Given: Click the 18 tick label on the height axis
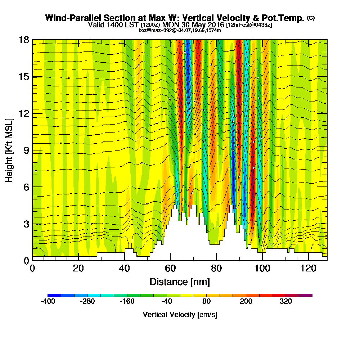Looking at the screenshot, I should (x=24, y=40).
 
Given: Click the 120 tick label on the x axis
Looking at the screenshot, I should (x=308, y=268).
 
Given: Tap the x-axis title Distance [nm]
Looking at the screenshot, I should (x=180, y=282).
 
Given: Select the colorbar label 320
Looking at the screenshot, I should (x=285, y=302).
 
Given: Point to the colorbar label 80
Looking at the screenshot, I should (x=206, y=302).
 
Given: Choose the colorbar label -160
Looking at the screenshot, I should (x=127, y=302).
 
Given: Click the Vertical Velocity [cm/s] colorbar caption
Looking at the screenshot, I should (x=180, y=315).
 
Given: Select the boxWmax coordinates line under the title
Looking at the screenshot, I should (x=180, y=30).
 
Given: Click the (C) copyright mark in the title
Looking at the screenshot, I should (x=311, y=18).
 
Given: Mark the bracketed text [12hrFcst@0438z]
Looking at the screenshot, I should (x=249, y=25).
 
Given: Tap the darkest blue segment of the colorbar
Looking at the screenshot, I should (x=54, y=295).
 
